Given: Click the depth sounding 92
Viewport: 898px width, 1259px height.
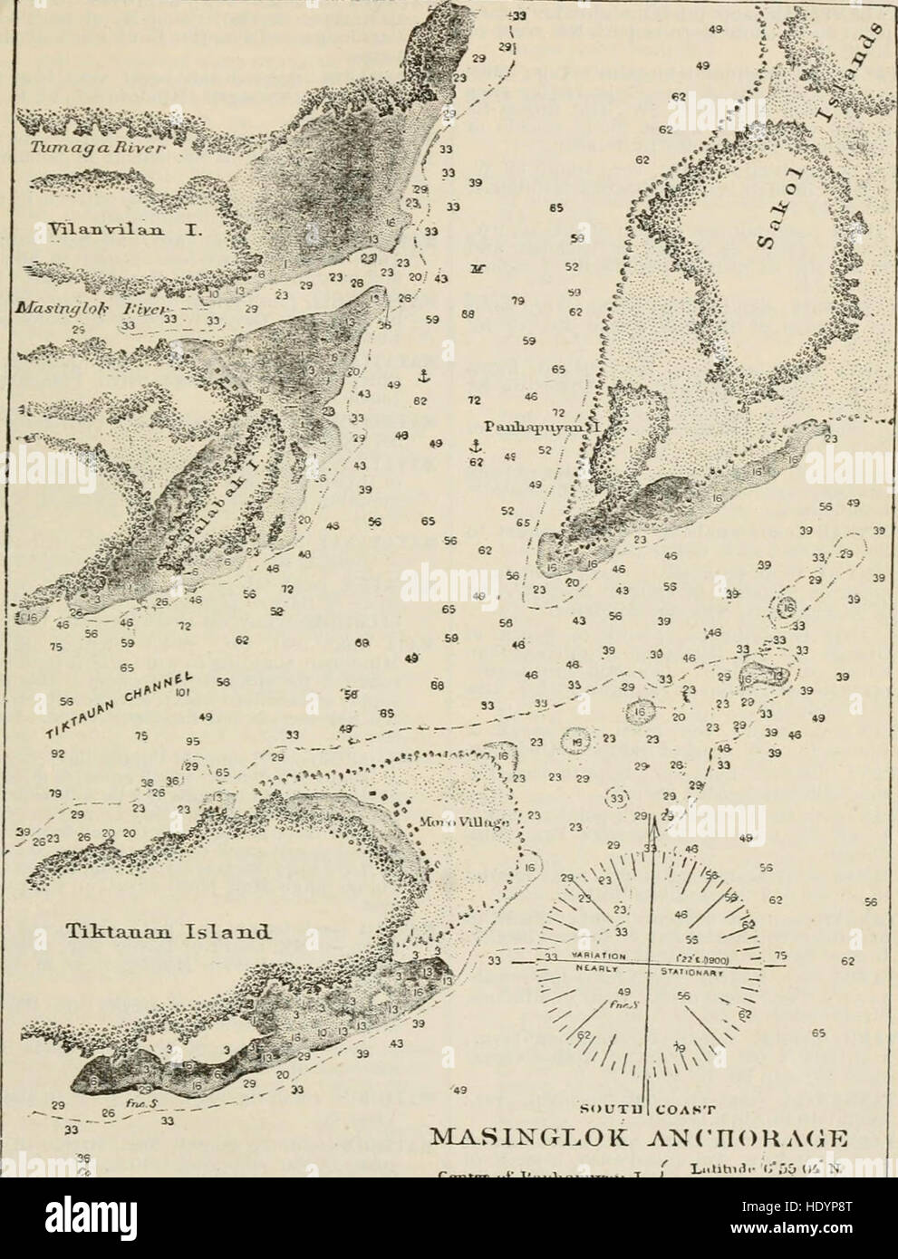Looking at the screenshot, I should click(x=58, y=751).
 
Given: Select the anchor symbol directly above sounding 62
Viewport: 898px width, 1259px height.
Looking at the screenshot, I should click(x=472, y=445).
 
